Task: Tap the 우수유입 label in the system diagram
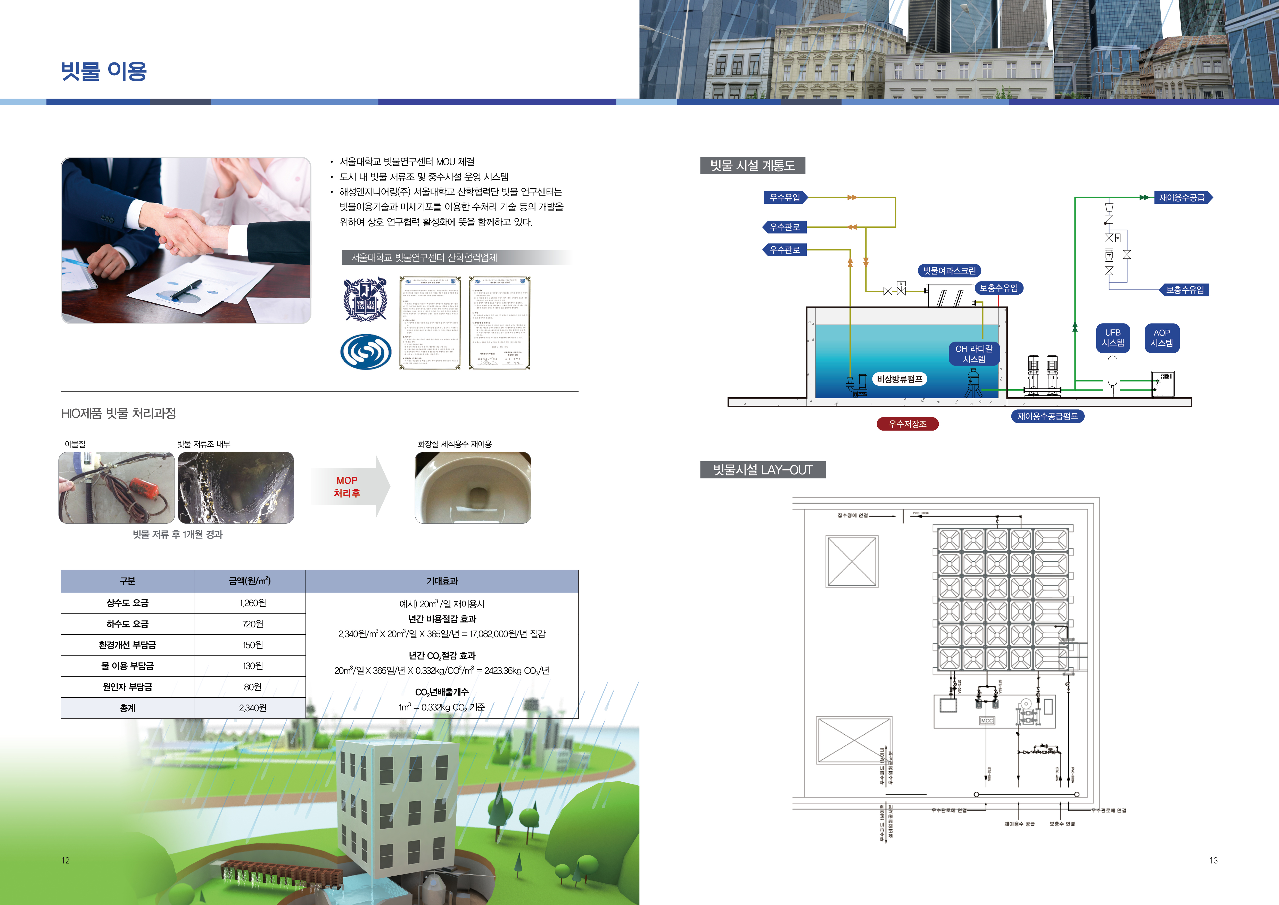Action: click(x=784, y=197)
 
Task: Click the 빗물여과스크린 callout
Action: click(x=949, y=271)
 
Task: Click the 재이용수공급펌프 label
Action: click(x=1047, y=416)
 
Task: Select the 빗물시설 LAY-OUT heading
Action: click(x=762, y=470)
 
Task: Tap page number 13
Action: click(x=1213, y=860)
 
